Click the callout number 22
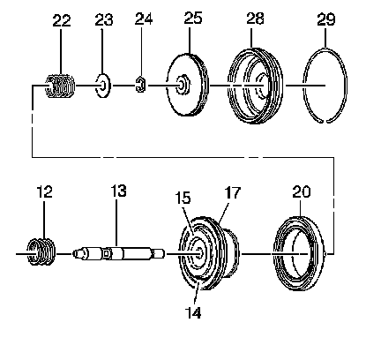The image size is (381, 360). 62,21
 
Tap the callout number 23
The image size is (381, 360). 103,19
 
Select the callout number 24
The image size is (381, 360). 144,19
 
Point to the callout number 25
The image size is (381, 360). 193,18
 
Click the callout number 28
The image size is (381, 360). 255,19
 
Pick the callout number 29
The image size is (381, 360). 326,19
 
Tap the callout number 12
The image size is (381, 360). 44,191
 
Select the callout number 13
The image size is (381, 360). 118,191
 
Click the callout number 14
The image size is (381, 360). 193,312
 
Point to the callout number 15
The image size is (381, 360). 183,198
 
